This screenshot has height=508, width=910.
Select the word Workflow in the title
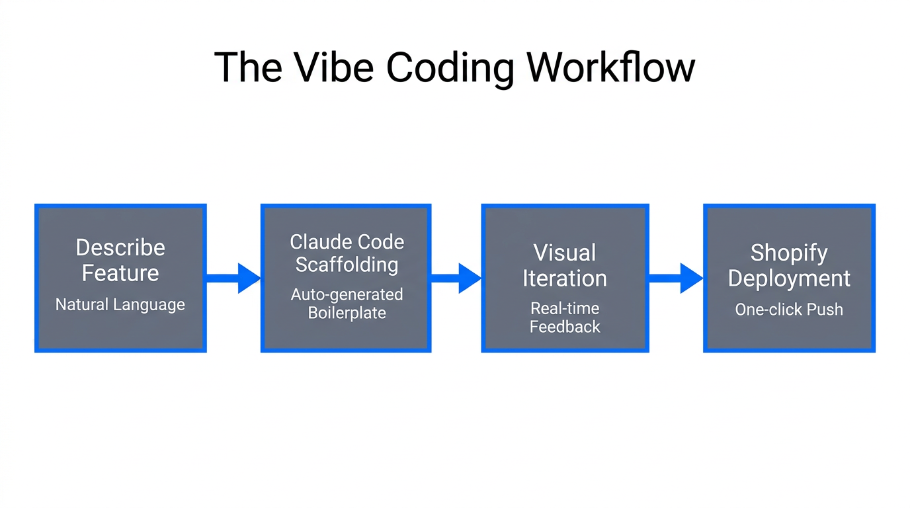click(x=610, y=67)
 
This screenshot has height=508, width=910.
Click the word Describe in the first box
click(x=120, y=247)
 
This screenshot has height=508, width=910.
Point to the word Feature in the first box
click(x=120, y=273)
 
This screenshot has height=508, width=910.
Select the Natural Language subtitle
click(x=120, y=305)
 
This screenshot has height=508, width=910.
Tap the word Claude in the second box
click(x=316, y=242)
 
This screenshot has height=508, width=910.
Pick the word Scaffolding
click(x=347, y=265)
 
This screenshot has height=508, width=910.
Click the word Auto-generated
click(x=347, y=294)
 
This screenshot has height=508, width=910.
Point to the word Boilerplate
click(x=347, y=313)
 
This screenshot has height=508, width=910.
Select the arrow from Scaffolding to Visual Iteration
click(x=456, y=278)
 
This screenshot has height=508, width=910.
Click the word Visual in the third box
click(x=565, y=253)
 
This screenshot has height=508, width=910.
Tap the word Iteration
click(x=565, y=278)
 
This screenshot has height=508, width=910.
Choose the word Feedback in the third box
click(x=565, y=327)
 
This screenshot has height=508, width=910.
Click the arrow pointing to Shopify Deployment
click(x=676, y=278)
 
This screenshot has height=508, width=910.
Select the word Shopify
click(x=789, y=253)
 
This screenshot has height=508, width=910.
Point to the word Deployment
click(x=789, y=278)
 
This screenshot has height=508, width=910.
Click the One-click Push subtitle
click(x=789, y=310)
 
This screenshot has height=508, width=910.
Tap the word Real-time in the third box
click(x=565, y=308)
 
